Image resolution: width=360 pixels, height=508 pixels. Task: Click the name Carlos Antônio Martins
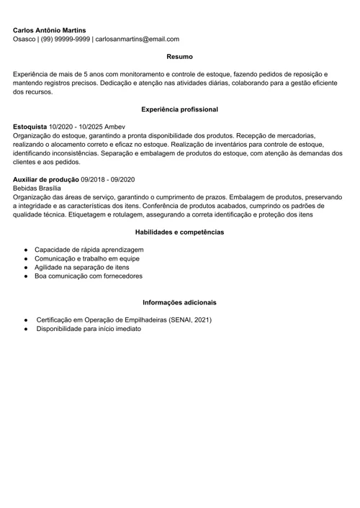pos(49,30)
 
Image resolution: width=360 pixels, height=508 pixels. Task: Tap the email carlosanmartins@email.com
pos(137,40)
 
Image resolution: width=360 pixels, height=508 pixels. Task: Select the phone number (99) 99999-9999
pos(66,40)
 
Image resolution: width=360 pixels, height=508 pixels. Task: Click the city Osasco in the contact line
pos(24,40)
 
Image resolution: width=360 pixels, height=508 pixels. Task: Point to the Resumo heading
pos(179,56)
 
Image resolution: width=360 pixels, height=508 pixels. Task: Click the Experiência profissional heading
pos(179,109)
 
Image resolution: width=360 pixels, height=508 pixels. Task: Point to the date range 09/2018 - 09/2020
pos(109,179)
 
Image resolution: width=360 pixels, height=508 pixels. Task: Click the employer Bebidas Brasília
pos(37,188)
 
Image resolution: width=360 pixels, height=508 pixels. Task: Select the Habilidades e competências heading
pos(179,232)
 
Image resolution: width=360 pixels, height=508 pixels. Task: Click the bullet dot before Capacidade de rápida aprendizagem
pos(25,249)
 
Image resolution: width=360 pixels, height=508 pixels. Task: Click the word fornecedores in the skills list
pos(122,276)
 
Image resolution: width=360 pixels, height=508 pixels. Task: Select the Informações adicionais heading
pos(179,302)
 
